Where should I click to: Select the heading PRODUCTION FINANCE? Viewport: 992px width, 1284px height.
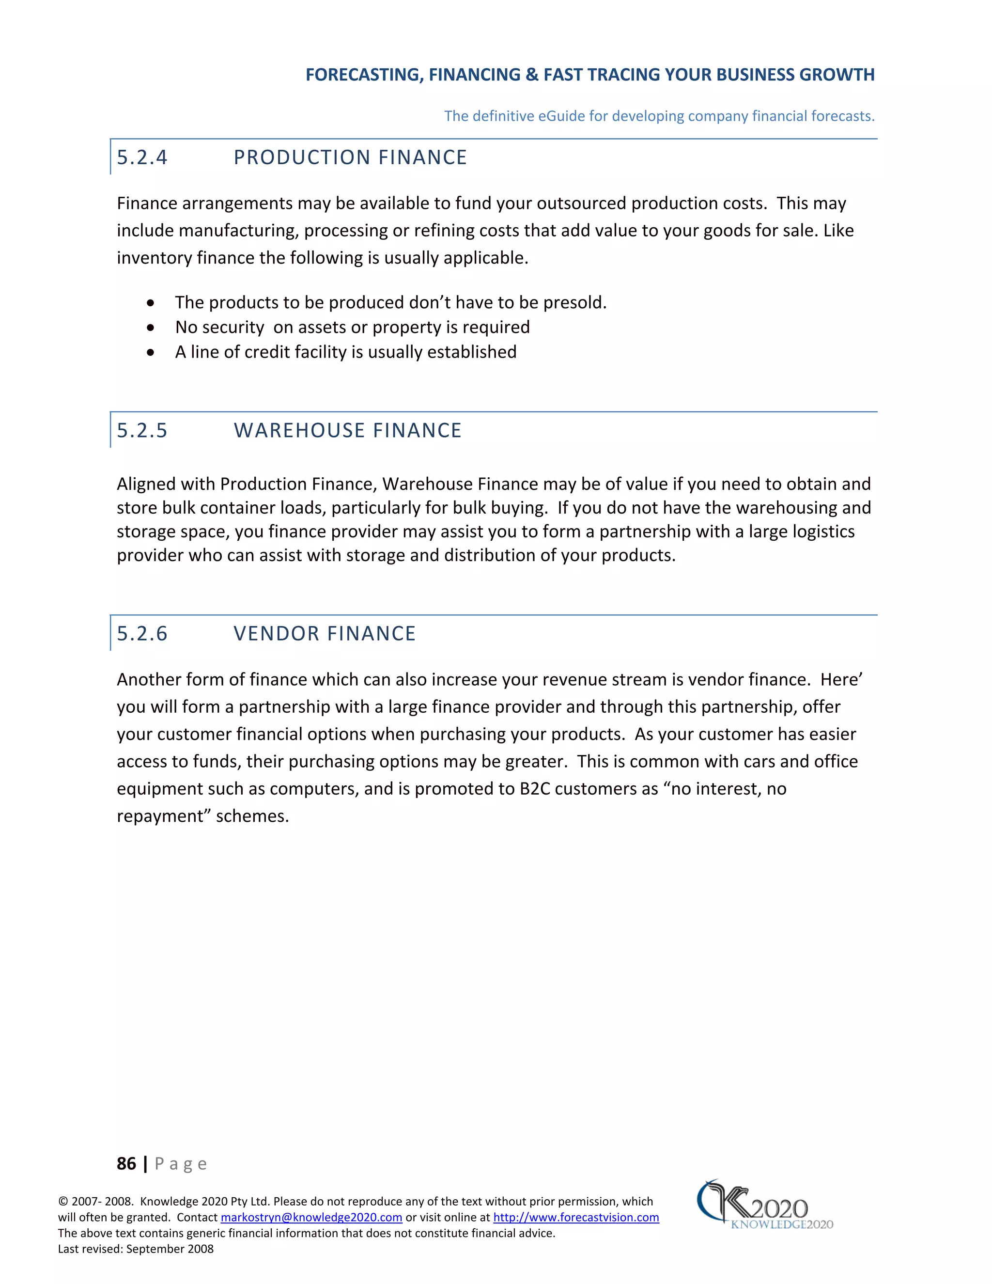[x=350, y=157]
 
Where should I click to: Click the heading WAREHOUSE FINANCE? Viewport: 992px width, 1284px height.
[x=347, y=430]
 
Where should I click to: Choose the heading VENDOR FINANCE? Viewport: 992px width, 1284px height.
[x=325, y=634]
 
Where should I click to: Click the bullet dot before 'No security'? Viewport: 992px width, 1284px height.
[x=151, y=328]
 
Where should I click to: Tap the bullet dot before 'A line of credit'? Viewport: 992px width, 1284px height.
[x=151, y=353]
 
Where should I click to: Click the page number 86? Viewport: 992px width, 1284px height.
[x=126, y=1163]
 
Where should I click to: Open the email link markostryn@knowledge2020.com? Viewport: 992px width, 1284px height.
[x=311, y=1217]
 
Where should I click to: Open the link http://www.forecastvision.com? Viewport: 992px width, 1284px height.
[x=575, y=1217]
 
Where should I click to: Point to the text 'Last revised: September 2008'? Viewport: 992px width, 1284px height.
[x=136, y=1249]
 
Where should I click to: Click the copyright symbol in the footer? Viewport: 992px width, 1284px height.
[x=63, y=1202]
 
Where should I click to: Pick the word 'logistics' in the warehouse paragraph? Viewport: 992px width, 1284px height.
[x=823, y=532]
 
